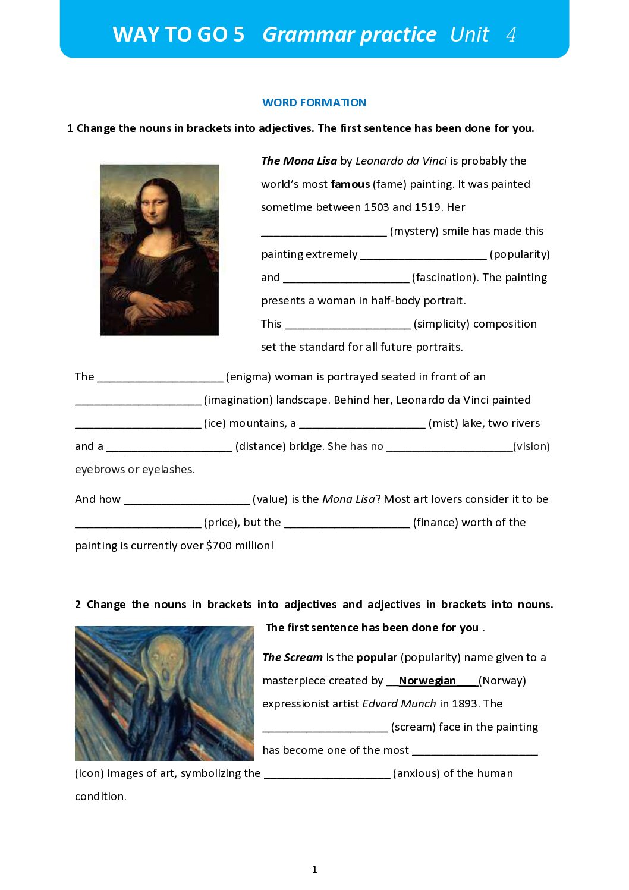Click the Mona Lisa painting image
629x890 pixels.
[x=159, y=250]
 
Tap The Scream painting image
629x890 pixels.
[x=165, y=693]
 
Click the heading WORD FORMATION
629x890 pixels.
[x=314, y=103]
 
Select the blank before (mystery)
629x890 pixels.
[x=324, y=232]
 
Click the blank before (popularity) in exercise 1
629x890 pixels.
[x=423, y=255]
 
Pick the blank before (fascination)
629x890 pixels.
[x=346, y=278]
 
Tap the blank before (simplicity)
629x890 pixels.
[x=348, y=325]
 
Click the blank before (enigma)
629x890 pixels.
[x=160, y=378]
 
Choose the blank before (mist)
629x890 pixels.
[x=362, y=424]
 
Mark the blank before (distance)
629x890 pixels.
[x=169, y=447]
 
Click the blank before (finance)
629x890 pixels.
[x=347, y=523]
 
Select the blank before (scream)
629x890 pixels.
[x=325, y=728]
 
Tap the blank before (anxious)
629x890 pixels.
[x=327, y=774]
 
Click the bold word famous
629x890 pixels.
[x=350, y=184]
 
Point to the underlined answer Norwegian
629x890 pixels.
[x=427, y=681]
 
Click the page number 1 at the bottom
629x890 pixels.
[x=314, y=870]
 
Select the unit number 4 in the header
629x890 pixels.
[x=511, y=35]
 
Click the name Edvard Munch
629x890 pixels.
[x=399, y=704]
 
